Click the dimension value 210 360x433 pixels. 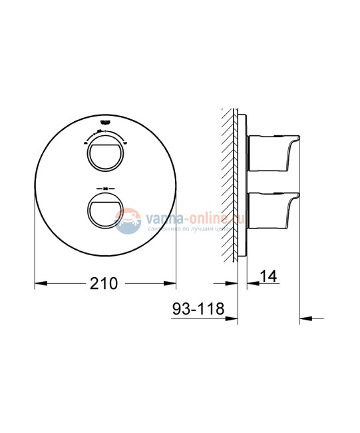(x=104, y=284)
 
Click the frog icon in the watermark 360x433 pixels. (x=126, y=221)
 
